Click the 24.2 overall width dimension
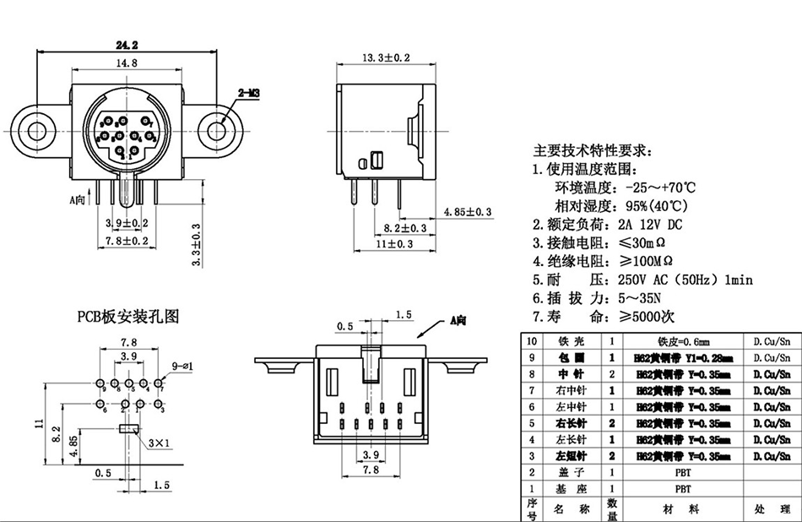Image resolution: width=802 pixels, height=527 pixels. [127, 45]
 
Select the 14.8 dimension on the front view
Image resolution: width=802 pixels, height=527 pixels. [127, 63]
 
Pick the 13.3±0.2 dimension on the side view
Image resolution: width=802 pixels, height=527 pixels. [386, 57]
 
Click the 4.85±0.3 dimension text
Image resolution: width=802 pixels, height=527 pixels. [469, 211]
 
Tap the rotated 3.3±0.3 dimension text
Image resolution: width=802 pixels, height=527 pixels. [196, 245]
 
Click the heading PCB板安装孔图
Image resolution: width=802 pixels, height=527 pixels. [128, 317]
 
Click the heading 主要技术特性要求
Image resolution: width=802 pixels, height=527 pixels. [592, 151]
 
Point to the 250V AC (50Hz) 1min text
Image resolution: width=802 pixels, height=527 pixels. [685, 280]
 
